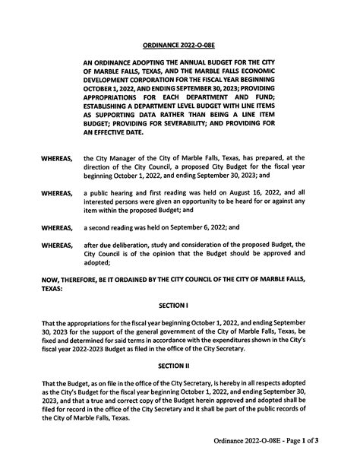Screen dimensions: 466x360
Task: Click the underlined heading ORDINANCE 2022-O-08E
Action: click(x=179, y=44)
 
